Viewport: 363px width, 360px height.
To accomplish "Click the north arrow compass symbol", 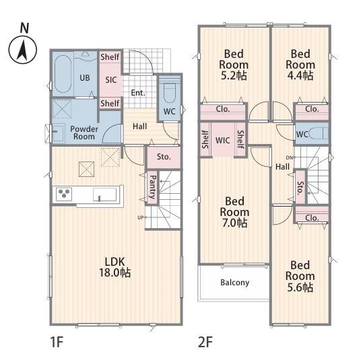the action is [23, 50].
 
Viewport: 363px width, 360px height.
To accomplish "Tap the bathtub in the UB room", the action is [63, 74].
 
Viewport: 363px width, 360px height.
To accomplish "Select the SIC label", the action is [111, 80].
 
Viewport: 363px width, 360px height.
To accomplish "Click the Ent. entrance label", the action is [138, 93].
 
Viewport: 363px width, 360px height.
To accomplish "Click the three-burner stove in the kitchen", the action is [64, 194].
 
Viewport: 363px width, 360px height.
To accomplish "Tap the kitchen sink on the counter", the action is [104, 194].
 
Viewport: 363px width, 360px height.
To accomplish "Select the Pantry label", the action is [153, 187].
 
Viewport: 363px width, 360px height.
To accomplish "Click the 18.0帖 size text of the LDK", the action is [114, 273].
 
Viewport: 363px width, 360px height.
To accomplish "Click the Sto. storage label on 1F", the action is [164, 157].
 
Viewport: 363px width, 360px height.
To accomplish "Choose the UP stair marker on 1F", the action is [141, 217].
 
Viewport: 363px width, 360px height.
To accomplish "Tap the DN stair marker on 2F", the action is [290, 157].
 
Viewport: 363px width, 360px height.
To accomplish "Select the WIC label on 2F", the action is [223, 140].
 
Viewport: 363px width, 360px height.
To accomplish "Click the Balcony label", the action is [235, 283].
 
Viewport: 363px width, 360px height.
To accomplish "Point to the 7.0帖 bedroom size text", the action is [235, 223].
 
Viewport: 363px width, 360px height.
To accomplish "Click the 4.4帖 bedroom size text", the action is [300, 75].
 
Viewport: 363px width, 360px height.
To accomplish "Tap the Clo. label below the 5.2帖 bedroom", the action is [223, 109].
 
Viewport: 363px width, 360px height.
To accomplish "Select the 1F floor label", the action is [57, 342].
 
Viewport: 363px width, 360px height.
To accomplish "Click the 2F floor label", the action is [205, 342].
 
